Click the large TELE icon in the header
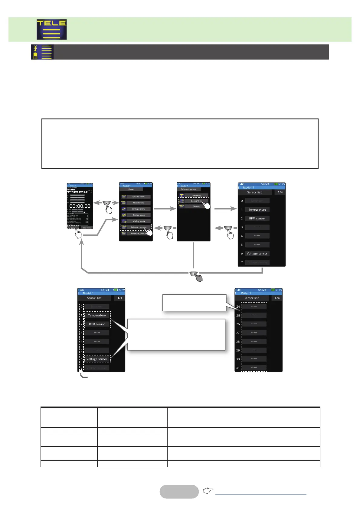click(x=52, y=30)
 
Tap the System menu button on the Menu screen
click(x=138, y=196)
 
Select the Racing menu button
click(x=138, y=215)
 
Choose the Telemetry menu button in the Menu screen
click(x=138, y=227)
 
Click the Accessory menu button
click(x=138, y=233)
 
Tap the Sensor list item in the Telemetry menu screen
click(x=196, y=201)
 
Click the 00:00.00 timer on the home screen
click(x=80, y=206)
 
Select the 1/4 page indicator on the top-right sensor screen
click(x=280, y=192)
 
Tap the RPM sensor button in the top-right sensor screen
click(x=257, y=218)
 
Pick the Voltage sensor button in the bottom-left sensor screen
click(x=97, y=359)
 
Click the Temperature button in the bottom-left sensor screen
click(x=97, y=315)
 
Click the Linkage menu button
click(x=138, y=209)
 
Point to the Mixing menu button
click(x=138, y=221)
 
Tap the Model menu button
click(x=138, y=203)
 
